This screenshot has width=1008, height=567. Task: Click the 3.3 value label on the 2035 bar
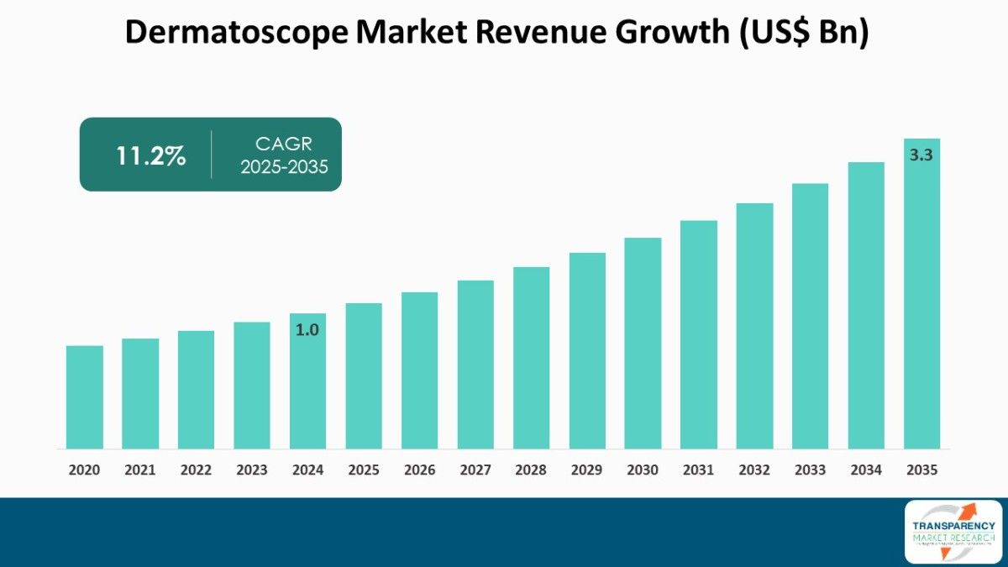tap(921, 155)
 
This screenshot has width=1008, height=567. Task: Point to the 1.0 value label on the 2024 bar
tap(307, 330)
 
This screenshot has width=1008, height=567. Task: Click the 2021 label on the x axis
tap(140, 470)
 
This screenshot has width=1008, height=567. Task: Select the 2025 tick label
tap(364, 470)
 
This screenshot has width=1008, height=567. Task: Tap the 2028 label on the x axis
tap(531, 470)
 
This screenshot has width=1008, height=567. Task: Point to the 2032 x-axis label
tap(754, 470)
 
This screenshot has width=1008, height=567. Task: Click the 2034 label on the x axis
tap(866, 470)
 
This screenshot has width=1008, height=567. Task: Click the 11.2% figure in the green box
tap(150, 155)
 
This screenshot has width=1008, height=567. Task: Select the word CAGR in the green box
tap(284, 144)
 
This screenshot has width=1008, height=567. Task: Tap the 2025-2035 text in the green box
tap(284, 166)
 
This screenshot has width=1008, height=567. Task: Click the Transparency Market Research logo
tap(953, 531)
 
